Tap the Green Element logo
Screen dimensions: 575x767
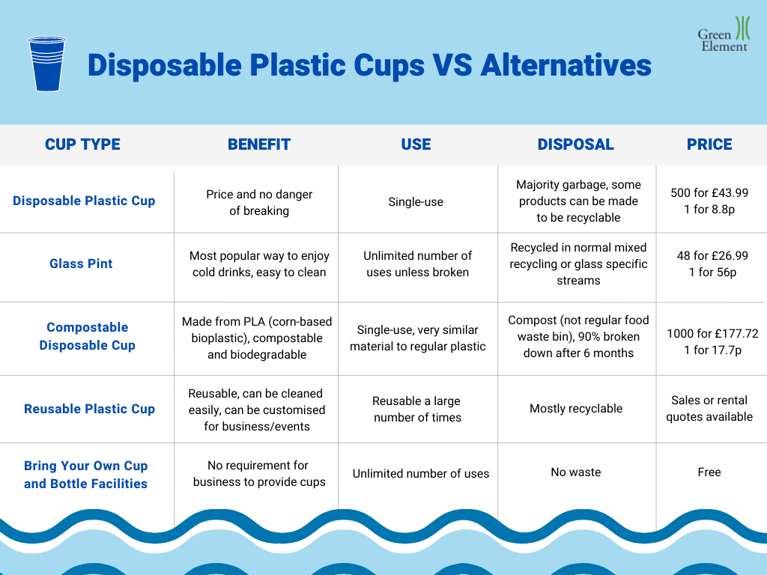[x=724, y=34]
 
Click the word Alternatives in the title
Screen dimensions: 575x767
[x=566, y=66]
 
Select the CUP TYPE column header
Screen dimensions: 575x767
[x=82, y=144]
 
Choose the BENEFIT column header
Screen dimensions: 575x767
[x=259, y=144]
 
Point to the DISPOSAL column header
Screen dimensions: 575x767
[x=575, y=144]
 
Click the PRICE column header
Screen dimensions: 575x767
[x=709, y=144]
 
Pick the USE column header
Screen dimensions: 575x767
[x=416, y=144]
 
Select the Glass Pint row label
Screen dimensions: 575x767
[x=81, y=264]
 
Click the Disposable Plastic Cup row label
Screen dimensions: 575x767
[x=84, y=201]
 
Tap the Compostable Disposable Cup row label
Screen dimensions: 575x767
[x=87, y=336]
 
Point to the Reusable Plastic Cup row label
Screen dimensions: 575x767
[x=89, y=409]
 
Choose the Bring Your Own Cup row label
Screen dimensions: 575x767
[x=85, y=475]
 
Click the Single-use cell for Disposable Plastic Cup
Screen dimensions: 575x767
[x=416, y=201]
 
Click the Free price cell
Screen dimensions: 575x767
[x=709, y=472]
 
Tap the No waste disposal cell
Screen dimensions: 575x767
[x=575, y=472]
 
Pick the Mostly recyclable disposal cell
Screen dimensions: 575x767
[x=575, y=408]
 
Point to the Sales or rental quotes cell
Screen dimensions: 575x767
[x=709, y=408]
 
